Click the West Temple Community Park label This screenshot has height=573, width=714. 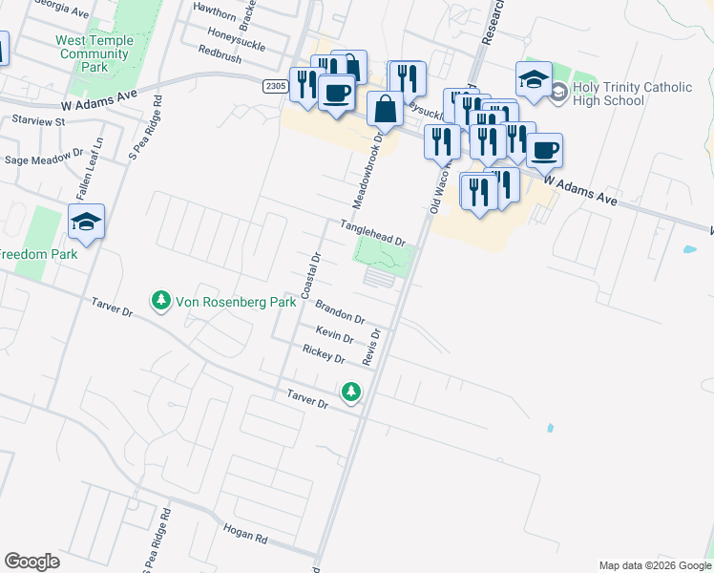click(93, 54)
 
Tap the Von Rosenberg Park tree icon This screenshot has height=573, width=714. click(161, 302)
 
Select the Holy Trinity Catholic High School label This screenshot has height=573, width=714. click(633, 94)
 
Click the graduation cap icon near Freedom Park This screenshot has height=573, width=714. click(86, 223)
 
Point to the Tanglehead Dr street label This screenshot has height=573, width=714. click(374, 233)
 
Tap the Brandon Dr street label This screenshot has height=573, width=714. click(341, 311)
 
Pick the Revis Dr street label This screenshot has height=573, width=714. click(372, 348)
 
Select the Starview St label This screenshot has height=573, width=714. click(38, 121)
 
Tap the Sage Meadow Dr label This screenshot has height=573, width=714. click(44, 158)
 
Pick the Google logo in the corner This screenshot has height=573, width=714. click(31, 562)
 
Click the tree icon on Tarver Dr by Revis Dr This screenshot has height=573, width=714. click(352, 392)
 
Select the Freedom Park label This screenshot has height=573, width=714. click(38, 255)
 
